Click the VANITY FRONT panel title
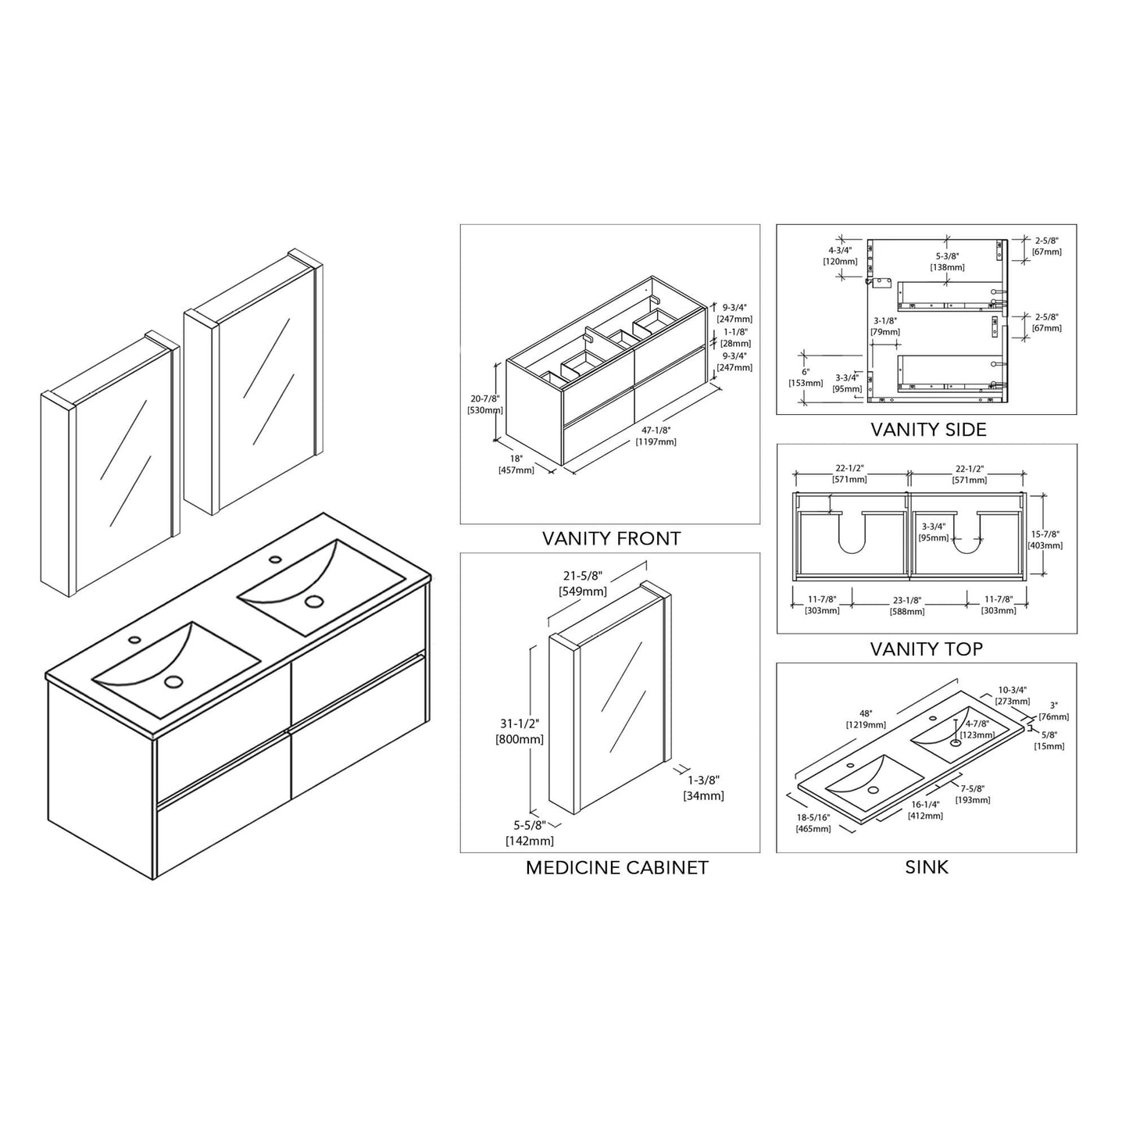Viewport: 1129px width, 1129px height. coord(611,538)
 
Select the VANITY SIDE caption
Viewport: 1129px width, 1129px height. coord(928,429)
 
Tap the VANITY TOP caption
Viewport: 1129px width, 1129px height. coord(927,648)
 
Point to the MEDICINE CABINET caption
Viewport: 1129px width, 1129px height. coord(616,867)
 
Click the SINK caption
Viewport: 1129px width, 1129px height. coord(927,866)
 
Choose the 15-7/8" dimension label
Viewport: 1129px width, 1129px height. coord(1045,534)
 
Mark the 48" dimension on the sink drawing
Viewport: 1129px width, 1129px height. coord(865,713)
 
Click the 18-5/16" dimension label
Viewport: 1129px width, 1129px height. coord(813,816)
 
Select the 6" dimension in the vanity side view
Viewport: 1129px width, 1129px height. coord(806,372)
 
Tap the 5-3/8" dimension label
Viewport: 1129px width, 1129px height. coord(947,255)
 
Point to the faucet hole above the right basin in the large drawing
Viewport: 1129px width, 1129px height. coord(275,559)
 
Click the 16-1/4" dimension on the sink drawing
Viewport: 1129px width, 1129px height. coord(925,804)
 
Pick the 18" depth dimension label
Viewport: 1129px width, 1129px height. coord(516,459)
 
